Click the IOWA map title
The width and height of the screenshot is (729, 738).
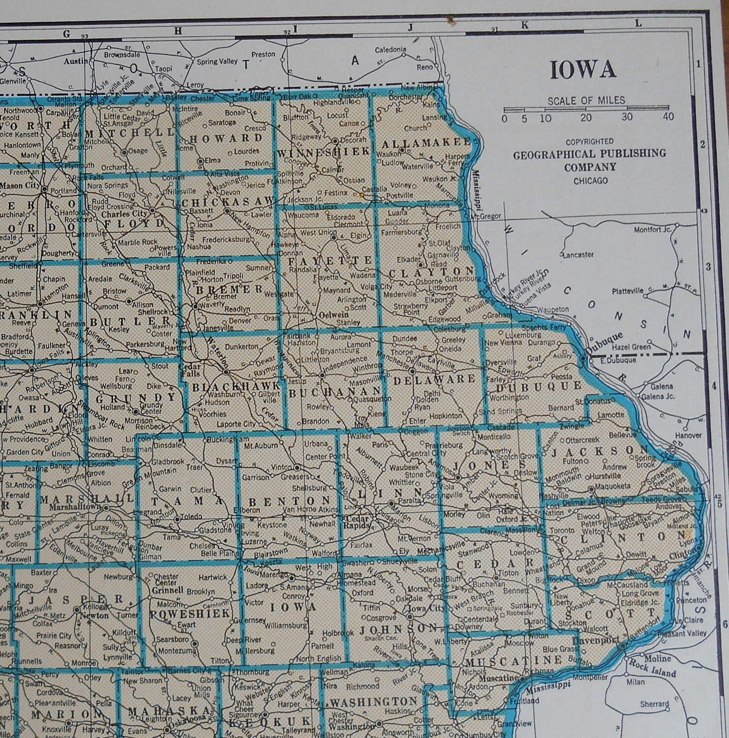coord(582,70)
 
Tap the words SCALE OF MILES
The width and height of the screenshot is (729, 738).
coord(586,101)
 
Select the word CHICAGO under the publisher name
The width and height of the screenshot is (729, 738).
coord(590,181)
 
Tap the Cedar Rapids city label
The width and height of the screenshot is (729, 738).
coord(358,522)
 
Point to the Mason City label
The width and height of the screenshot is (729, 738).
coord(19,186)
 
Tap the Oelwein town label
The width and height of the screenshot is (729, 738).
coord(334,314)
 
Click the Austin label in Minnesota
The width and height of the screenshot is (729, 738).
coord(76,61)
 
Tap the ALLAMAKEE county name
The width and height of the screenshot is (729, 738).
coord(426,143)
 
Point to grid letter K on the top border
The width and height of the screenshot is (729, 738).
coord(524,25)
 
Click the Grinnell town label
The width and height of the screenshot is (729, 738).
coord(167,590)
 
